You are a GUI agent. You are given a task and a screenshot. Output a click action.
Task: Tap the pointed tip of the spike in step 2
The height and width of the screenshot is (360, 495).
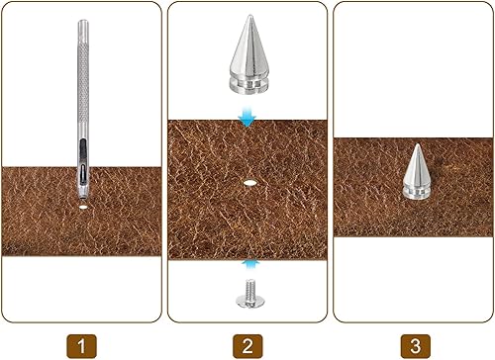coord(247,16)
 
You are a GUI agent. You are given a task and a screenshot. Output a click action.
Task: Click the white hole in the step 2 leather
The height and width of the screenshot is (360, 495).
coord(249,183)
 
